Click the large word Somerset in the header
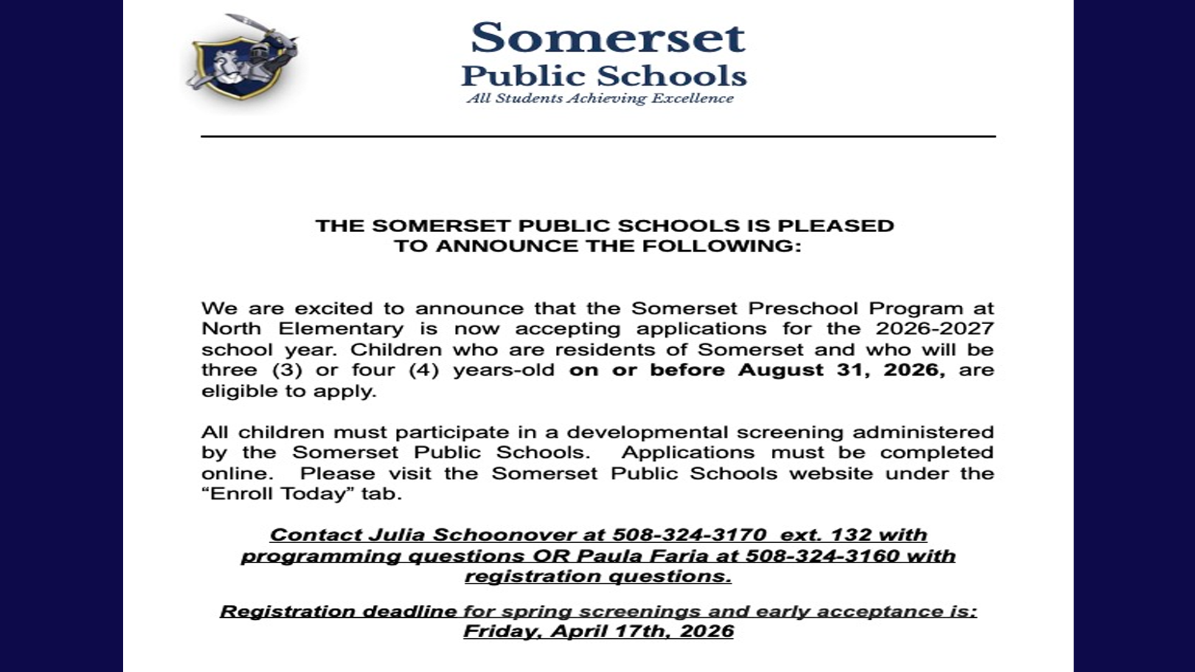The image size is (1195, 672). (607, 38)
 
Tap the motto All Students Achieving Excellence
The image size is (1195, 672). (600, 98)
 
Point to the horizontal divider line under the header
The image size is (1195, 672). (597, 136)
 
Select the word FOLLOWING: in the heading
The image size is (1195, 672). (721, 246)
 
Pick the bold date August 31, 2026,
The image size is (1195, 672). (841, 370)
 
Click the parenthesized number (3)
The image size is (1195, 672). (288, 370)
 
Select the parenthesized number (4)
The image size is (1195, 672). (424, 370)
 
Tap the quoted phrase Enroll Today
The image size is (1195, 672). (278, 494)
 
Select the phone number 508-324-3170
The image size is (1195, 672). (689, 535)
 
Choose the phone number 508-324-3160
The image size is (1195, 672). (822, 556)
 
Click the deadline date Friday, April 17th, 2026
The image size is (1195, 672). (598, 632)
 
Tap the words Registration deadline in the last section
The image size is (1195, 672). (338, 612)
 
